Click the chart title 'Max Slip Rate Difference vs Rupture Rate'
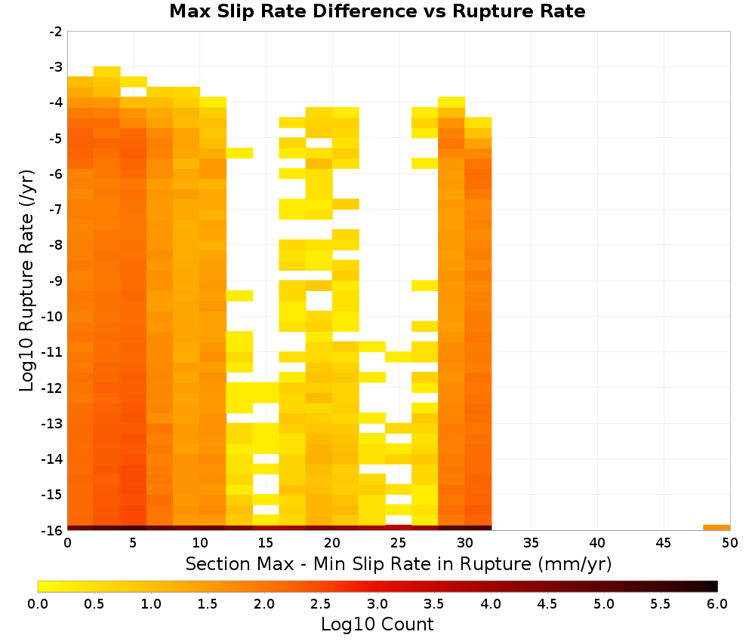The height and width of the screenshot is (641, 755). click(x=377, y=11)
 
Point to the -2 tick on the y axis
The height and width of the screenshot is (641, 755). click(x=57, y=32)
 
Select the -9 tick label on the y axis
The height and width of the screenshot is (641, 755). click(x=57, y=281)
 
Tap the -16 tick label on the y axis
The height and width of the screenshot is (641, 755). click(x=53, y=530)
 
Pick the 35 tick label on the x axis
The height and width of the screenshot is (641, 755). click(x=531, y=543)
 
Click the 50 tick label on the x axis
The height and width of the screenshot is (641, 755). click(x=730, y=543)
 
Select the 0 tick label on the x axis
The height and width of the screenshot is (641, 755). click(x=67, y=543)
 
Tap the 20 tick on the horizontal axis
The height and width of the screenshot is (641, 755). click(x=332, y=543)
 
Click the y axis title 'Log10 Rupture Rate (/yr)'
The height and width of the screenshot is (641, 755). click(x=26, y=281)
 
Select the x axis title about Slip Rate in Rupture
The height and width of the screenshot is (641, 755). click(x=399, y=563)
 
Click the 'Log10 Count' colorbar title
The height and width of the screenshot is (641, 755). click(x=377, y=624)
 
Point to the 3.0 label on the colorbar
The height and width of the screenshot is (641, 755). click(x=377, y=603)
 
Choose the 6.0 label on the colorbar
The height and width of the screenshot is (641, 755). click(x=717, y=603)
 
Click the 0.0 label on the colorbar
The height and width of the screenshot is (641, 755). click(x=38, y=603)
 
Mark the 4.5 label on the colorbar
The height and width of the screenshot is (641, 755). click(x=547, y=603)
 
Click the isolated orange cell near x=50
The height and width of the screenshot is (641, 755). click(x=716, y=528)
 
